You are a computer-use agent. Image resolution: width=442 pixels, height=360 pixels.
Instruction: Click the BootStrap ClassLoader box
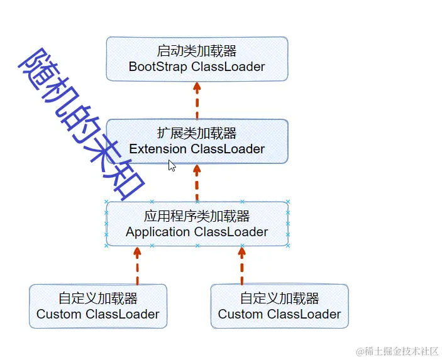click(x=197, y=58)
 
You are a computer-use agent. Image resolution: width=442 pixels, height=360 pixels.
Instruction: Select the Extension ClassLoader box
click(x=197, y=141)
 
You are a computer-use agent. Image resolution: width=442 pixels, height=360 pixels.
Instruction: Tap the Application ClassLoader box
click(x=197, y=224)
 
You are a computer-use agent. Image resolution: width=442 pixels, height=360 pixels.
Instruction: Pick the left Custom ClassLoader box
click(x=98, y=306)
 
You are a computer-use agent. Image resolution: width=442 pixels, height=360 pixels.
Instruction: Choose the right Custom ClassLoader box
click(x=279, y=306)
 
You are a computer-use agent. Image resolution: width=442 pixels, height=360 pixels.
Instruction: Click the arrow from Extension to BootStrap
click(x=197, y=100)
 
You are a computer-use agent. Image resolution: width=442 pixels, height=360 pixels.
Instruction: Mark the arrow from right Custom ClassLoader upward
click(x=241, y=265)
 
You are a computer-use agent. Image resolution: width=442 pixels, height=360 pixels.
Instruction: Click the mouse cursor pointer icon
click(x=172, y=165)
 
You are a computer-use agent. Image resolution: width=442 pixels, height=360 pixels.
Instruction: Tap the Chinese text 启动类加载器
click(x=197, y=50)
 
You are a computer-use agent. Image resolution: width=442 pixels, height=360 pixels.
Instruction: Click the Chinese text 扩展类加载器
click(x=197, y=133)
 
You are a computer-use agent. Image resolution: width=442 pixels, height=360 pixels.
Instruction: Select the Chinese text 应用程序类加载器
click(x=197, y=216)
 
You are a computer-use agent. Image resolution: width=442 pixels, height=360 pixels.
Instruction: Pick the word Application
click(x=158, y=232)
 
